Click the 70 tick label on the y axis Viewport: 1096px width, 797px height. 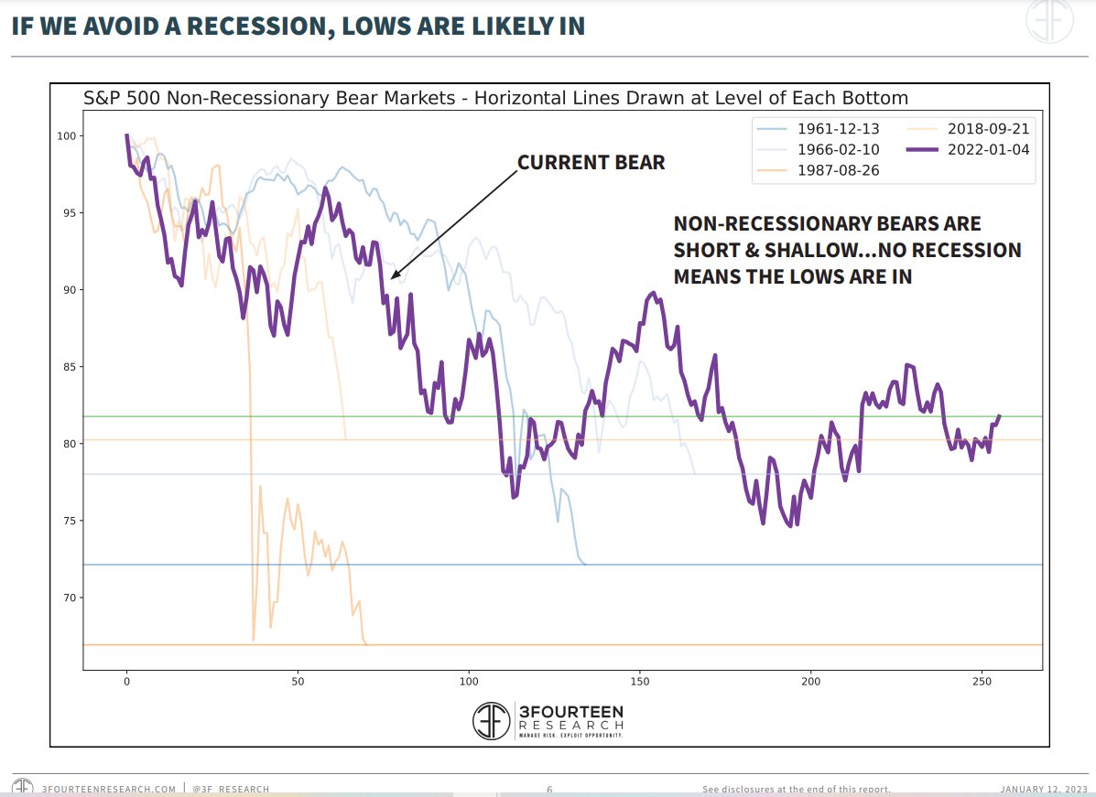pos(65,598)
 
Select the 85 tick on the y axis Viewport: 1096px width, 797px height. pos(65,367)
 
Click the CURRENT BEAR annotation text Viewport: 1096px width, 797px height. pos(591,163)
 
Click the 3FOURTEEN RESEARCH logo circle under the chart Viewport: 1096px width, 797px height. pos(492,721)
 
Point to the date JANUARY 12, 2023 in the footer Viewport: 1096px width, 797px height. pos(1043,789)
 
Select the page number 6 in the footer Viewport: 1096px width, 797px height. pos(549,789)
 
